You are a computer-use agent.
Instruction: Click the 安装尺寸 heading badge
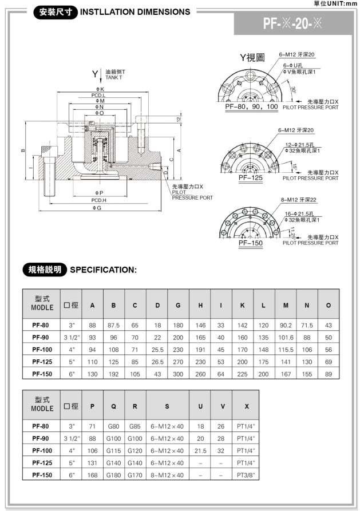pyautogui.click(x=56, y=11)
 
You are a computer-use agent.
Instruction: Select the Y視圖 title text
pyautogui.click(x=252, y=58)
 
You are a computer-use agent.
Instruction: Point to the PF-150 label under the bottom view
pyautogui.click(x=251, y=243)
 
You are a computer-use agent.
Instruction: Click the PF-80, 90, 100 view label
pyautogui.click(x=251, y=106)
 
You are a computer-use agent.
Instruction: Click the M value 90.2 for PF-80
pyautogui.click(x=286, y=325)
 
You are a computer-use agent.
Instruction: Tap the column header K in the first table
pyautogui.click(x=243, y=306)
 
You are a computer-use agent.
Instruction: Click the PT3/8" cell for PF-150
pyautogui.click(x=247, y=474)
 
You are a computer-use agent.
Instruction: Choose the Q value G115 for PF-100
pyautogui.click(x=114, y=450)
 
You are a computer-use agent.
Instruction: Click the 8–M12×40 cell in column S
pyautogui.click(x=167, y=474)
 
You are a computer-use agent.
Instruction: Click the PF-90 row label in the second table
pyautogui.click(x=42, y=438)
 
